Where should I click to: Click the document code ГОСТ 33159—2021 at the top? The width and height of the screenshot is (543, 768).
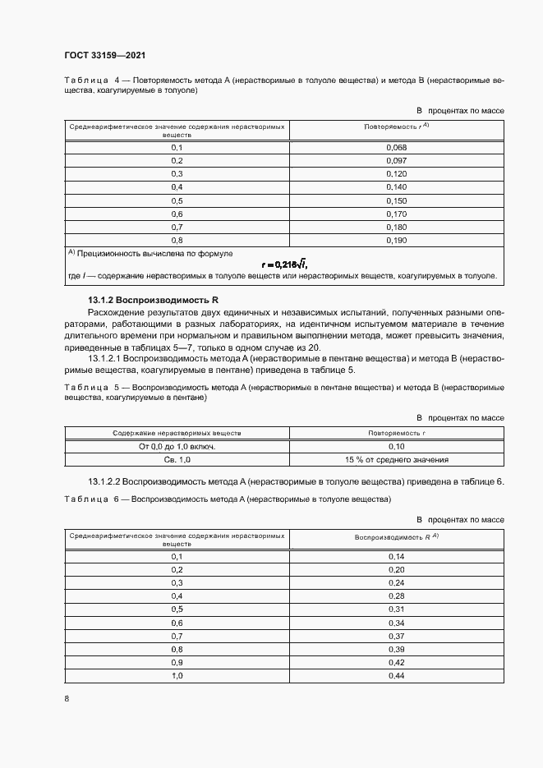(x=104, y=56)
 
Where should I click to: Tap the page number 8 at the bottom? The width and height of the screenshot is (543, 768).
(x=66, y=698)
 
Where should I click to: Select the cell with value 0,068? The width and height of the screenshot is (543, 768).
(x=397, y=147)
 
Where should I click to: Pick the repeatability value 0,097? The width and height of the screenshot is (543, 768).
(x=397, y=160)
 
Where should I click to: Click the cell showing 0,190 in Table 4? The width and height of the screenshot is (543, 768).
(x=397, y=240)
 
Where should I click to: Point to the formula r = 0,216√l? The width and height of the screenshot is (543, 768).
(x=284, y=264)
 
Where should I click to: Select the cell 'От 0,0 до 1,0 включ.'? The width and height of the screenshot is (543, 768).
(x=177, y=447)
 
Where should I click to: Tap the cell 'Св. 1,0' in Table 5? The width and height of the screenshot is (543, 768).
(x=177, y=460)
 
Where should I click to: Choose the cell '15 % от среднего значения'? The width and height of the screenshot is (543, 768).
(x=397, y=460)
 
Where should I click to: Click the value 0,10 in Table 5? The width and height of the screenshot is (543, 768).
(x=397, y=447)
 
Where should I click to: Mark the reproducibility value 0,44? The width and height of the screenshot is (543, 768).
(x=397, y=675)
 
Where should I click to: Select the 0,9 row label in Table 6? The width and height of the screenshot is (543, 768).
(x=177, y=662)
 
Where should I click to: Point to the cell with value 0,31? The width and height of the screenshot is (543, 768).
(x=397, y=609)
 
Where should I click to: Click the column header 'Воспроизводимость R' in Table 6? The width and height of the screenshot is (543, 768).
(x=397, y=536)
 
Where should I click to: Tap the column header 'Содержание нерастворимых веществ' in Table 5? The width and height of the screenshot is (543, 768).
(x=177, y=433)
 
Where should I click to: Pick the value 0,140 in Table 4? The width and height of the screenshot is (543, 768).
(x=397, y=187)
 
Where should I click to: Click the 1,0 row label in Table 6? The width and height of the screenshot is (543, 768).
(x=177, y=675)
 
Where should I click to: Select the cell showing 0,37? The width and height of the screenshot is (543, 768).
(x=397, y=636)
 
